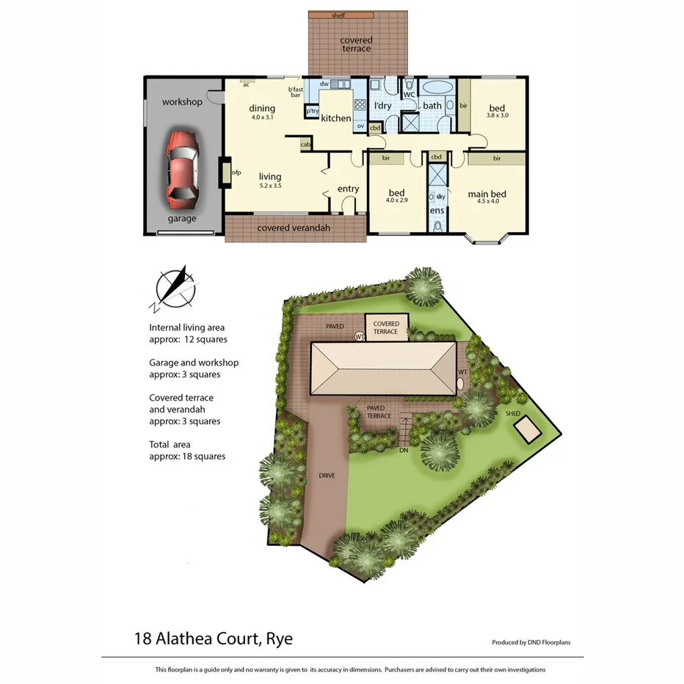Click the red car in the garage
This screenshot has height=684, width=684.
click(x=183, y=170)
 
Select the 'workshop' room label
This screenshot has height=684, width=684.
click(x=182, y=102)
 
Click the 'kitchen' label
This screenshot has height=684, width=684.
click(x=336, y=118)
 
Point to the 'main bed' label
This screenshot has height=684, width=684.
click(x=487, y=194)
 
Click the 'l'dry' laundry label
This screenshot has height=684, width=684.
click(x=383, y=106)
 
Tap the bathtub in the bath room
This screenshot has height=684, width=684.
click(x=438, y=88)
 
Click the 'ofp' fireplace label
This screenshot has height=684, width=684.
click(x=236, y=173)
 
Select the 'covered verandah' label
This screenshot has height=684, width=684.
click(x=294, y=228)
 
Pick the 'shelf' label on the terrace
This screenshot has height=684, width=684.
click(x=338, y=15)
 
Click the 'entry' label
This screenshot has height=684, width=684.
click(x=348, y=189)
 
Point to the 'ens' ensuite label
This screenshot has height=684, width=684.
click(x=437, y=211)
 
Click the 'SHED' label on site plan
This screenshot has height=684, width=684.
click(x=512, y=414)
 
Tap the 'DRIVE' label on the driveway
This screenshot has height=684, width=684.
click(x=327, y=476)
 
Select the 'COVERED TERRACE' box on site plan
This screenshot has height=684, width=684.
click(x=386, y=327)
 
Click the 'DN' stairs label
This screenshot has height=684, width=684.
click(x=403, y=451)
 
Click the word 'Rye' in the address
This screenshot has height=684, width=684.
click(x=280, y=638)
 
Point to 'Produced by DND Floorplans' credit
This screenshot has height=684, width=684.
click(x=531, y=642)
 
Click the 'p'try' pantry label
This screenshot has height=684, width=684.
click(x=313, y=112)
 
